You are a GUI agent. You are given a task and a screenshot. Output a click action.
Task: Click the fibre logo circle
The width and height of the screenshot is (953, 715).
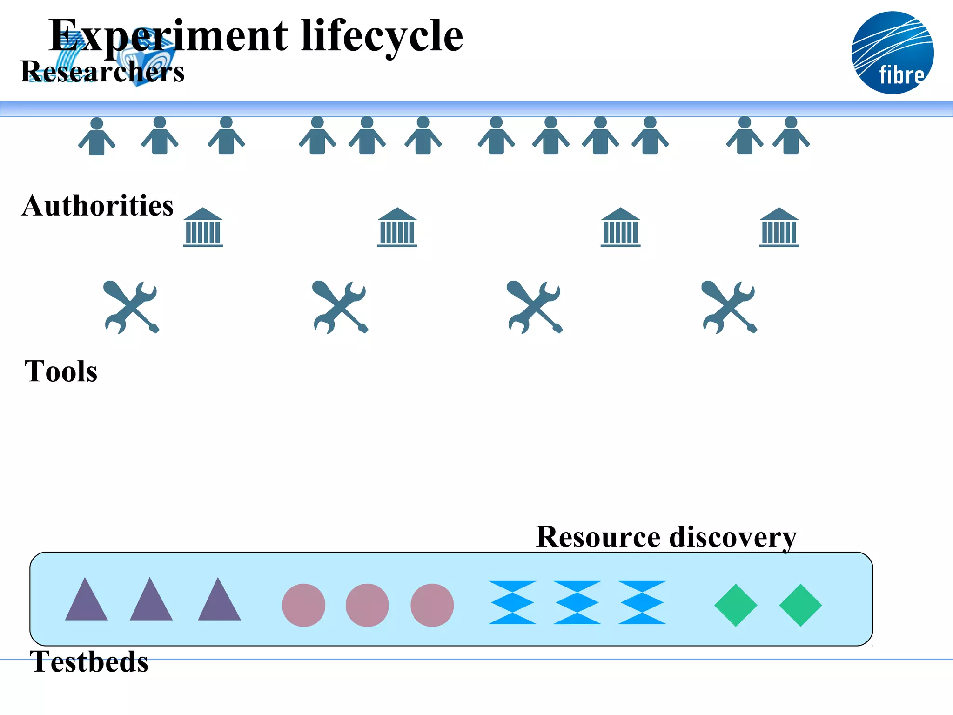pyautogui.click(x=892, y=53)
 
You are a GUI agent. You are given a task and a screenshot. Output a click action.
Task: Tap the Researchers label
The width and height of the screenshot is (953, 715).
pyautogui.click(x=102, y=72)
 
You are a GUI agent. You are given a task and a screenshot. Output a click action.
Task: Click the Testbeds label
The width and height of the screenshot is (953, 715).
pyautogui.click(x=89, y=661)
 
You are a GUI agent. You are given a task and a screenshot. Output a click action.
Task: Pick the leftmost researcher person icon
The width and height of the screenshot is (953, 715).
pyautogui.click(x=97, y=136)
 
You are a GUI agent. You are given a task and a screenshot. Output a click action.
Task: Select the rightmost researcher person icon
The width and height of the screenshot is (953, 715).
pyautogui.click(x=791, y=135)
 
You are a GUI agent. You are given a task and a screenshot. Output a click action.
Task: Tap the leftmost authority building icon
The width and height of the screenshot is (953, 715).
pyautogui.click(x=203, y=227)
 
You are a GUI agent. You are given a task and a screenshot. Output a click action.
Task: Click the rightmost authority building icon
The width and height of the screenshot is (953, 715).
pyautogui.click(x=779, y=227)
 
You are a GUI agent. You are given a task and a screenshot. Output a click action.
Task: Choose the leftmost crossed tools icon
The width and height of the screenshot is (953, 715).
pyautogui.click(x=131, y=307)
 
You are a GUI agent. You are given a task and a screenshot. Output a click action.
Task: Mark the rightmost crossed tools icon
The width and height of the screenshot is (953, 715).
pyautogui.click(x=729, y=307)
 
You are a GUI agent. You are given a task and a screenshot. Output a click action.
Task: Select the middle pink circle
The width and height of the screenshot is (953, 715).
pyautogui.click(x=367, y=605)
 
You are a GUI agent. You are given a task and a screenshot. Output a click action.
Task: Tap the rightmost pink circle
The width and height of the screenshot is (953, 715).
pyautogui.click(x=432, y=605)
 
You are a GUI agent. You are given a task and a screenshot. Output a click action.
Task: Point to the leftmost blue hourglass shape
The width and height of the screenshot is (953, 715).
pyautogui.click(x=512, y=602)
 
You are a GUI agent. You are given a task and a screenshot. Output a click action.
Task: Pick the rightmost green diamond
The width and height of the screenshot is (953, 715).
pyautogui.click(x=800, y=605)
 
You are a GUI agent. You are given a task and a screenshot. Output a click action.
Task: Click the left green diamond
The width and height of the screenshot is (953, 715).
pyautogui.click(x=736, y=605)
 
